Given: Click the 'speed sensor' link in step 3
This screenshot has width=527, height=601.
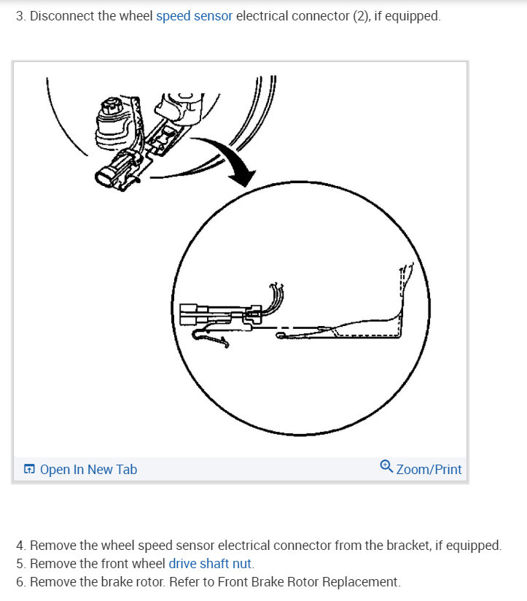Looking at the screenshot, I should click(x=194, y=16).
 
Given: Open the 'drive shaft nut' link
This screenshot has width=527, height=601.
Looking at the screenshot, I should click(x=211, y=563).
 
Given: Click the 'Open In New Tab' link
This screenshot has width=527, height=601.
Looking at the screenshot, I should click(x=87, y=470).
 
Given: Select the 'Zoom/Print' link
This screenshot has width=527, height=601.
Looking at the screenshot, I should click(x=429, y=469).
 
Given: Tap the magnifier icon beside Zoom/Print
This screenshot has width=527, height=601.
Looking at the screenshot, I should click(x=386, y=467).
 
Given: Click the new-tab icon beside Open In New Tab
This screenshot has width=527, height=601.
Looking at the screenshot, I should click(x=29, y=470).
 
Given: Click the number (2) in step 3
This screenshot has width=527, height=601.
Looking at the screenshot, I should click(x=359, y=16).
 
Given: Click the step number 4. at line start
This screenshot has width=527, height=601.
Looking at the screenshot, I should click(x=20, y=545).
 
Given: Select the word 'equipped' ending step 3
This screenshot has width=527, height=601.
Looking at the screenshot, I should click(x=413, y=16).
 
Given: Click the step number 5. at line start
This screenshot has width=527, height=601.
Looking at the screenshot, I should click(x=20, y=563).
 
